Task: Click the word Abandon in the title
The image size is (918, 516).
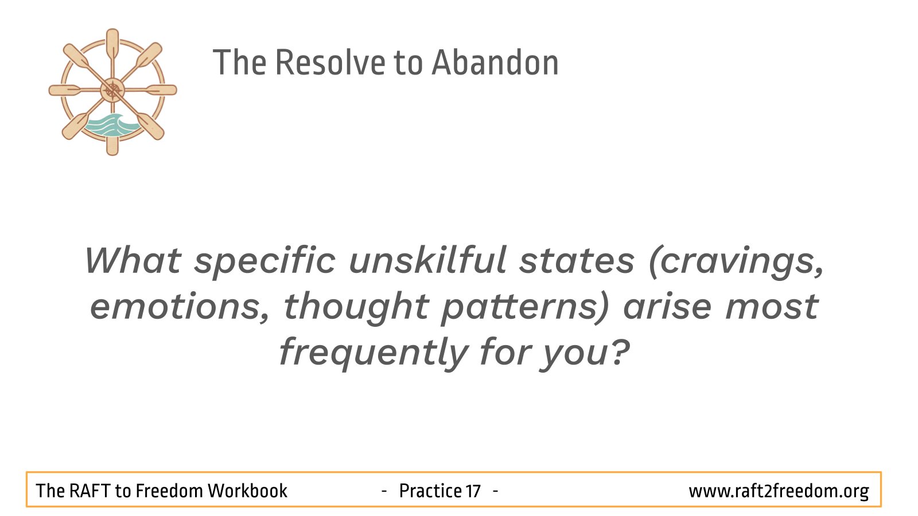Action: coord(496,62)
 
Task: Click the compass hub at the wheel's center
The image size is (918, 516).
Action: coord(112,90)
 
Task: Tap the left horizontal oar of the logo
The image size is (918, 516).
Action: coord(75,90)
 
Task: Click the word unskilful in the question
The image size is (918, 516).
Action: coord(428,260)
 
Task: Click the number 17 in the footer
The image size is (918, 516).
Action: coord(473,491)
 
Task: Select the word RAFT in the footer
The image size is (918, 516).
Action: coord(88,491)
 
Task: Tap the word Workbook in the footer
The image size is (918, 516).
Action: coord(248,491)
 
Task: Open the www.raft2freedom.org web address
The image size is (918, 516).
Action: coord(779,491)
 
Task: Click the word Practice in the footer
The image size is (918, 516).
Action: coord(431,491)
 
